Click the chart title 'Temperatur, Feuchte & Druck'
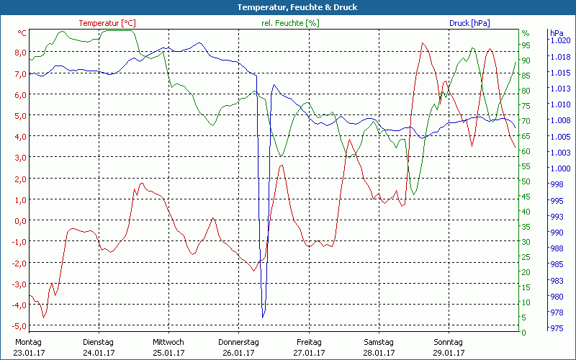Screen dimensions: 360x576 (x=288, y=7)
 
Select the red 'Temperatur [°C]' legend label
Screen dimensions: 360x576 (x=107, y=23)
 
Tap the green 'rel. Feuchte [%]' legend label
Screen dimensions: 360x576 (x=289, y=23)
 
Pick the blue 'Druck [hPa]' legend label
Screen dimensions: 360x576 (x=469, y=23)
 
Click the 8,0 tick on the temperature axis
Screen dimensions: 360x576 (x=20, y=53)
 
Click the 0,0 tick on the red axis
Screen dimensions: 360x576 (x=20, y=221)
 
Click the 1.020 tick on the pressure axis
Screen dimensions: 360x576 (x=560, y=41)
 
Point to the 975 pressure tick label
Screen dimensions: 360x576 (x=557, y=328)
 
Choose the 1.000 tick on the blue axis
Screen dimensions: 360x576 (x=560, y=168)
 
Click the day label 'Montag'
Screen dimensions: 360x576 (x=29, y=342)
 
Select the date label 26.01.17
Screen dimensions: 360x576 (x=238, y=353)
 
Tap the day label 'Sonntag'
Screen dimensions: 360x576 (x=448, y=342)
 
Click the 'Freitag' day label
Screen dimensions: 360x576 (x=308, y=342)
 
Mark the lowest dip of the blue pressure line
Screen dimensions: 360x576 (x=264, y=316)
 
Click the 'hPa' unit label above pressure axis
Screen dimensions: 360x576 (x=556, y=33)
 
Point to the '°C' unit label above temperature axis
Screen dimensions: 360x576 (x=22, y=33)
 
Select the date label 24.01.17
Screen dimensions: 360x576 (x=99, y=353)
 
